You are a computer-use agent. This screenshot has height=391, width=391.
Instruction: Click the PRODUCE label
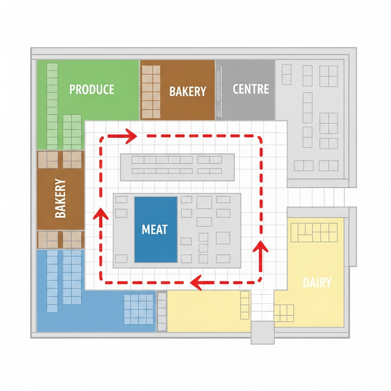pyautogui.click(x=92, y=89)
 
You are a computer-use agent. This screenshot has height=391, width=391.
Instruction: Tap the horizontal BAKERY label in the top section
pyautogui.click(x=187, y=91)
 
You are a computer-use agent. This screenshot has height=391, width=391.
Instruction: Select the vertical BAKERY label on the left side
pyautogui.click(x=61, y=198)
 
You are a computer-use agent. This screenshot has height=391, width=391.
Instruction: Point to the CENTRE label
pyautogui.click(x=251, y=89)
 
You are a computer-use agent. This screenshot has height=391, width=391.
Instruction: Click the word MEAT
pyautogui.click(x=155, y=229)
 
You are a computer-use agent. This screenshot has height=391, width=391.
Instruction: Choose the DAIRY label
pyautogui.click(x=317, y=283)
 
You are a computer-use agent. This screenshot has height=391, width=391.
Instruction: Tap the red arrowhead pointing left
pyautogui.click(x=196, y=283)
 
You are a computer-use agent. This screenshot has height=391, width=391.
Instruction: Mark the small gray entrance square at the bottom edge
pyautogui.click(x=262, y=332)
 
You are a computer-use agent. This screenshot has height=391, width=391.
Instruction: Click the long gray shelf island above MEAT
pyautogui.click(x=177, y=167)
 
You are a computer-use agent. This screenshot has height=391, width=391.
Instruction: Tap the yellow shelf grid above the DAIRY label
pyautogui.click(x=314, y=233)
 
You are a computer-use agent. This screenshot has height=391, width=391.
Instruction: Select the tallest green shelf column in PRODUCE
pyautogui.click(x=52, y=106)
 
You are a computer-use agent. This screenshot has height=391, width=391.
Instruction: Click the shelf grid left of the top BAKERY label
pyautogui.click(x=151, y=92)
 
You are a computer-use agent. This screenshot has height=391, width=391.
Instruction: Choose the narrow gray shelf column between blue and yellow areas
pyautogui.click(x=162, y=311)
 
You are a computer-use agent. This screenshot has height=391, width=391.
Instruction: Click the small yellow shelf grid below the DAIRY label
pyautogui.click(x=284, y=313)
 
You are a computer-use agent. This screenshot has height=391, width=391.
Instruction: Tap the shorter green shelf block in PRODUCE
pyautogui.click(x=72, y=132)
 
